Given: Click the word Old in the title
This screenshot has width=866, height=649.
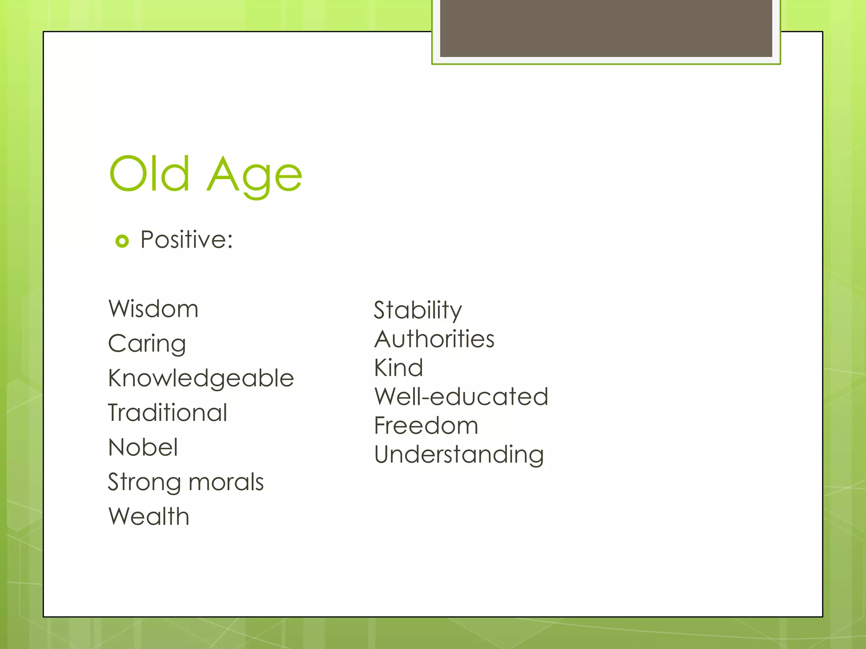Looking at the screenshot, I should click(x=149, y=173).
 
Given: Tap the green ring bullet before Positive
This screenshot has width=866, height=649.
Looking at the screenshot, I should click(x=122, y=241).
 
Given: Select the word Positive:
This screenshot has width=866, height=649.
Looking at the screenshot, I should click(x=186, y=240).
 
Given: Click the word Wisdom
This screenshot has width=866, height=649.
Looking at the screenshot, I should click(x=153, y=309).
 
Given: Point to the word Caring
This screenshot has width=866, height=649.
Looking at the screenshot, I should click(x=147, y=344).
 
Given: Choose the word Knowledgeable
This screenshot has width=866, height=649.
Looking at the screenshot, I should click(x=201, y=378).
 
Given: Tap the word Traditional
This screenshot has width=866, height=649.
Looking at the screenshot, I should click(x=167, y=413).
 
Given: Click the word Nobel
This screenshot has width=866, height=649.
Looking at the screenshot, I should click(x=143, y=447).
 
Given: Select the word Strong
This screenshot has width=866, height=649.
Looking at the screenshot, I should click(x=144, y=483).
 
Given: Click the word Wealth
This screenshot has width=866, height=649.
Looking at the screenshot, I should click(x=149, y=516).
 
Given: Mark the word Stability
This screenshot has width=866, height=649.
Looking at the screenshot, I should click(x=418, y=311).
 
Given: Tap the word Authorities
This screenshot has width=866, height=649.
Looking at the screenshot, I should click(x=434, y=339).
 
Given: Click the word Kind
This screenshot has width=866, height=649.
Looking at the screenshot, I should click(x=398, y=368).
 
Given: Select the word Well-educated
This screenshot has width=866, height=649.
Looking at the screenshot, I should click(x=461, y=397).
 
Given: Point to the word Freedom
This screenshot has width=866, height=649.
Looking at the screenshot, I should click(x=426, y=425).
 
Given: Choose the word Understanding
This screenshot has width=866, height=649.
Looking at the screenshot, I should click(x=459, y=455).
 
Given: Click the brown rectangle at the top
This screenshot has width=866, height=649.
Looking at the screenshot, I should click(x=606, y=28).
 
